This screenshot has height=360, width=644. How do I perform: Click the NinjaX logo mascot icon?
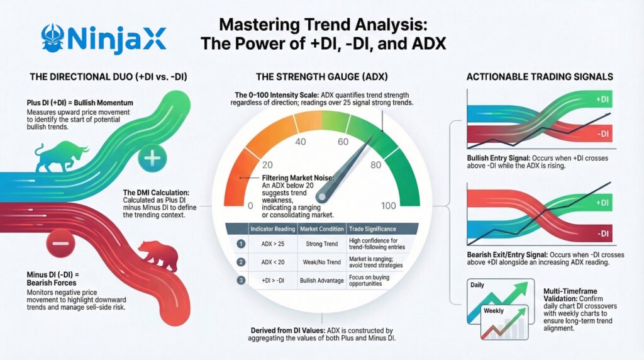click(x=52, y=39)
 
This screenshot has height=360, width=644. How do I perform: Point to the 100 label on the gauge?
click(x=388, y=206)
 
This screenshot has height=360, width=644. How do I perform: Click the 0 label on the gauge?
click(x=251, y=206)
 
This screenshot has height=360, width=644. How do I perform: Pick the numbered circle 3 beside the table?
click(x=240, y=279)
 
